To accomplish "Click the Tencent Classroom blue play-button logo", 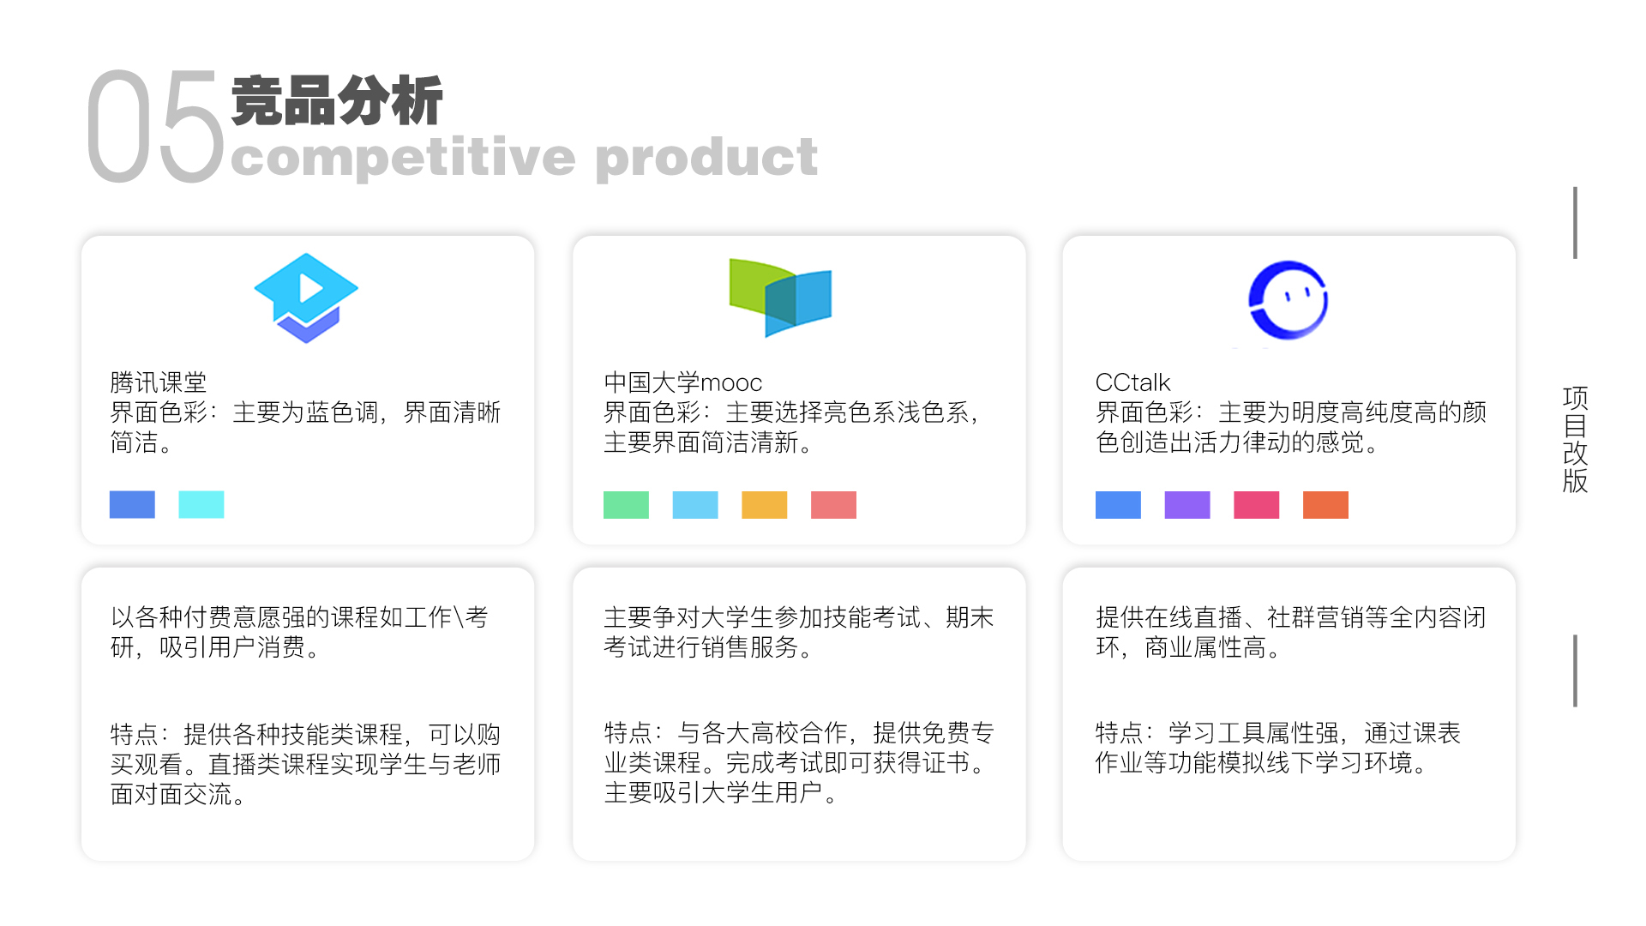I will tap(306, 297).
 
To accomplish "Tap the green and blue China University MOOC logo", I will tap(780, 297).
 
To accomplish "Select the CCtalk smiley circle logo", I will tap(1288, 300).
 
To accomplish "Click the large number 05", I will tap(155, 127).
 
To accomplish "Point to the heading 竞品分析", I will tap(337, 100).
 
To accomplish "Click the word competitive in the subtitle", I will tap(403, 157).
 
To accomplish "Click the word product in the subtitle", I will tap(706, 157).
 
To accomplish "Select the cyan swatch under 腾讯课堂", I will tap(201, 504).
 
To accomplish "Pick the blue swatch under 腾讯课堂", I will tap(132, 504).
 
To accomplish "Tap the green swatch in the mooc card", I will tap(626, 505).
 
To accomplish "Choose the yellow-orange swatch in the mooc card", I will tap(764, 505).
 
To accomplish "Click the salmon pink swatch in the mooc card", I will tap(833, 505).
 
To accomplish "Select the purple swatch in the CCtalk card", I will tap(1187, 505).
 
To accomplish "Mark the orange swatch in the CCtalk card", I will tap(1325, 505).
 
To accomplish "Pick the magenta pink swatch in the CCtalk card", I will tap(1256, 505).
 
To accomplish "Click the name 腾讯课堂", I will tap(159, 382).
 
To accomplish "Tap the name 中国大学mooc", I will tap(682, 382).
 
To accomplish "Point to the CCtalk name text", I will tap(1132, 382).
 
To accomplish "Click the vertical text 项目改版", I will tap(1575, 439).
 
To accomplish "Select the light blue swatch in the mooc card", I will tap(695, 505).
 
